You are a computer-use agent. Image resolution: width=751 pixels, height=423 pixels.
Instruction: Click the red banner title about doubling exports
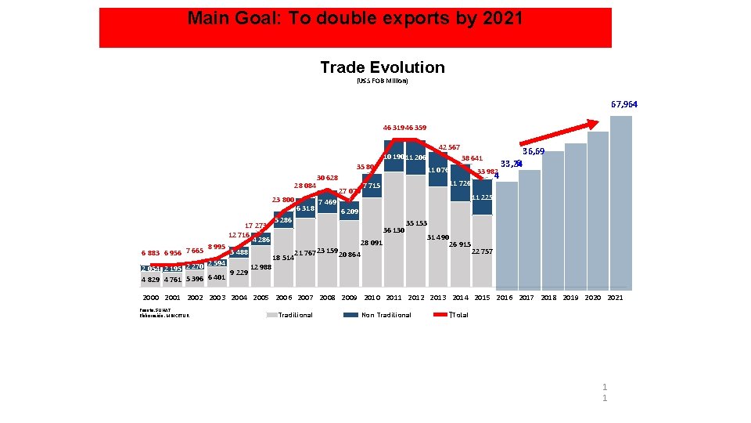pos(355,19)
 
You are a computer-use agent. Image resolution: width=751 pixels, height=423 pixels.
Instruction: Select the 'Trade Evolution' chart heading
pos(383,67)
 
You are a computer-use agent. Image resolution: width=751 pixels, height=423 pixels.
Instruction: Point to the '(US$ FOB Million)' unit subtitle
pos(383,81)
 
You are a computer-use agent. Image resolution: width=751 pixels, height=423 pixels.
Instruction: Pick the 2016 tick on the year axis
pos(505,298)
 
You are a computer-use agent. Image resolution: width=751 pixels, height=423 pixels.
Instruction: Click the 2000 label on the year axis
pos(151,298)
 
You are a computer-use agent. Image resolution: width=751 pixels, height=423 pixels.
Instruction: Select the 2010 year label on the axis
pos(372,298)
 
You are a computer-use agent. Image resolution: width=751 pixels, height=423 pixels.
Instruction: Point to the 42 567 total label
pos(449,147)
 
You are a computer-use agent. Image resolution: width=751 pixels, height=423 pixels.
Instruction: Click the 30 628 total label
pos(327,178)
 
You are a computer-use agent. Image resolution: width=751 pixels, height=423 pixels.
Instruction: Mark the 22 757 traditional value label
pos(482,251)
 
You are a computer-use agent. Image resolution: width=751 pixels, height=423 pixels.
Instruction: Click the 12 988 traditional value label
pos(261,267)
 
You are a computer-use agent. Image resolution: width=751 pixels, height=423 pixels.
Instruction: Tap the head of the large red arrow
pos(599,121)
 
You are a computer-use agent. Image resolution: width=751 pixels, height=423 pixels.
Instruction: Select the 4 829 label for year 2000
pos(150,279)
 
